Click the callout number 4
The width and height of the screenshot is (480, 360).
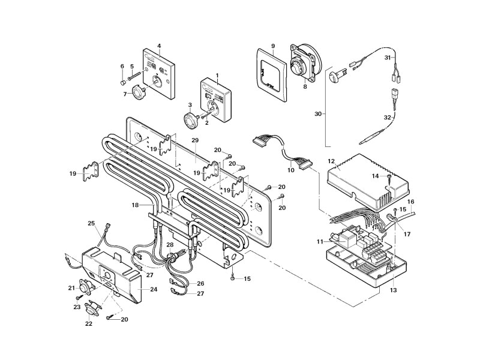tap(159, 46)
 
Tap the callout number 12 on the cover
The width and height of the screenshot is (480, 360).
tap(331, 161)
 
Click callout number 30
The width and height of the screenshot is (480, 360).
tap(318, 113)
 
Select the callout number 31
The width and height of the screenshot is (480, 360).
tap(388, 58)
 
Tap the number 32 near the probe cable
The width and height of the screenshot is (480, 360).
tap(387, 117)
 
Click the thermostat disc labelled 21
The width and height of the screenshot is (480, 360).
tap(80, 289)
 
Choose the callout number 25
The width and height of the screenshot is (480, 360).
tap(91, 224)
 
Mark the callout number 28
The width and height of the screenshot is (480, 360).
tap(169, 245)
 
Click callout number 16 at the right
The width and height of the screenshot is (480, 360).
tap(412, 202)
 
